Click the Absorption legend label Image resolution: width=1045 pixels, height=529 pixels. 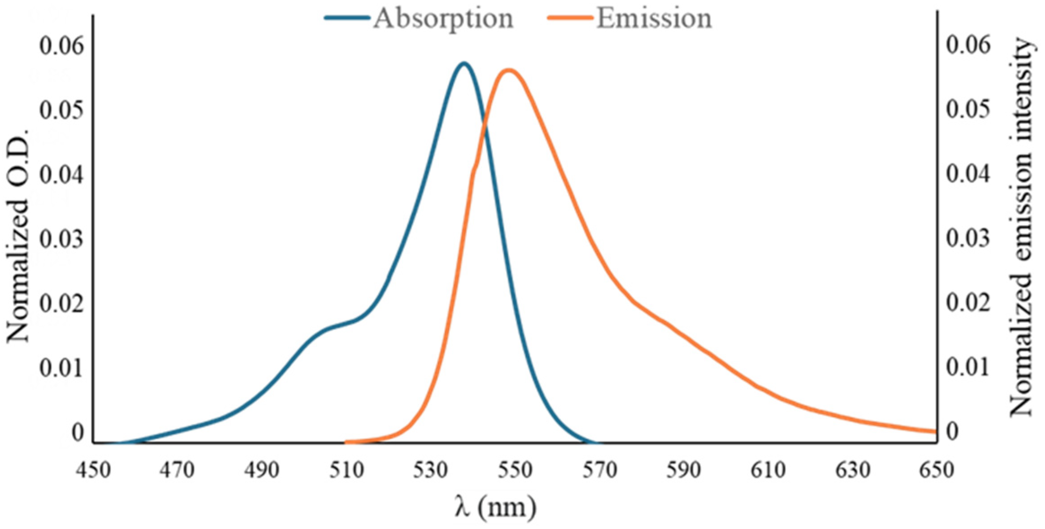pyautogui.click(x=443, y=19)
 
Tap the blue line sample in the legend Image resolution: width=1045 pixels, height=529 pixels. pyautogui.click(x=347, y=18)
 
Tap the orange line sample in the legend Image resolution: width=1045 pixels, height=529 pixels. pyautogui.click(x=570, y=18)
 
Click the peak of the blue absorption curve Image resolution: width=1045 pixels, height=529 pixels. pyautogui.click(x=464, y=63)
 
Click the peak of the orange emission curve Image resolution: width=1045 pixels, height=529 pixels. pyautogui.click(x=509, y=70)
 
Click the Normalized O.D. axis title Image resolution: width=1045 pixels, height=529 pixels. pyautogui.click(x=18, y=235)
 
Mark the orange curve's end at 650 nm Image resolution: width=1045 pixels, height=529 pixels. pyautogui.click(x=935, y=432)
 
